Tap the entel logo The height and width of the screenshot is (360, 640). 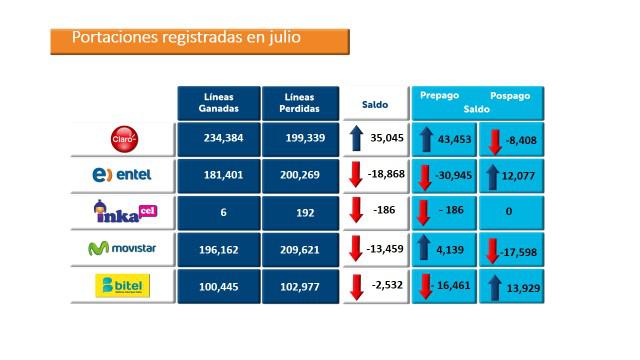pos(122,175)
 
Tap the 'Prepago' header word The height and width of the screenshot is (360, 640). pos(439,95)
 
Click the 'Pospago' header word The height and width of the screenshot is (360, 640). pos(510,95)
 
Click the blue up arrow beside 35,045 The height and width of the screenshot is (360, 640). pos(357,139)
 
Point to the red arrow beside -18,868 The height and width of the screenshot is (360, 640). pos(357,176)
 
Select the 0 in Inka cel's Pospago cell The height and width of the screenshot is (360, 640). pos(509,212)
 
